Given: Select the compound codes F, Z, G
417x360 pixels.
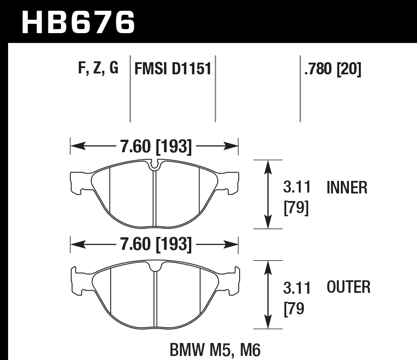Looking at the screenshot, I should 98,68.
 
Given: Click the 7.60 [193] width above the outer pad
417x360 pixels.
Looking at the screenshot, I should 155,244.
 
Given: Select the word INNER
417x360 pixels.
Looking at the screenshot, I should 347,188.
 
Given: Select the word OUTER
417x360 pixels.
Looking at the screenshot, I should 348,287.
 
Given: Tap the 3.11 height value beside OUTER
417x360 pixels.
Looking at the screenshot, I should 297,288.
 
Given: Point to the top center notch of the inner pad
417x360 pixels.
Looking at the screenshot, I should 155,165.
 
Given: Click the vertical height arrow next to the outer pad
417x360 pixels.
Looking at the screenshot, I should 268,295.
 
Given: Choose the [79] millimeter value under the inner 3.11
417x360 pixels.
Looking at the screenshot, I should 297,208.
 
